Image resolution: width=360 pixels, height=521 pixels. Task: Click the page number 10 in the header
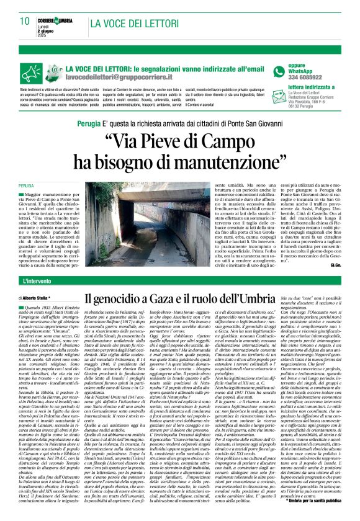point(25,21)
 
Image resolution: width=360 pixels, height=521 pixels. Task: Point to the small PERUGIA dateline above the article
point(26,202)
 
